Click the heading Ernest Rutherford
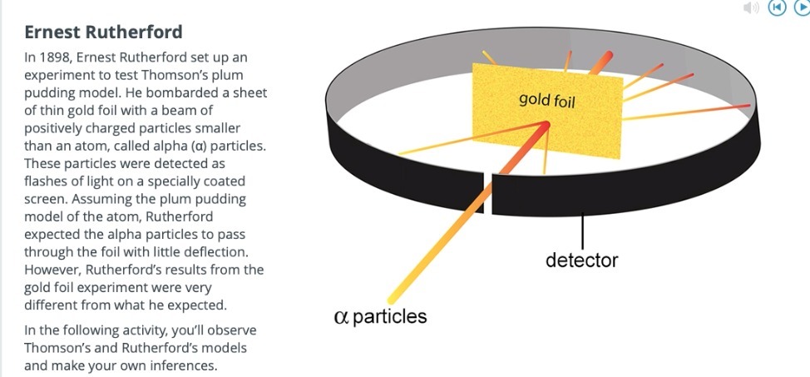pyautogui.click(x=103, y=32)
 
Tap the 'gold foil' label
pyautogui.click(x=546, y=101)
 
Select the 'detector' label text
pyautogui.click(x=581, y=260)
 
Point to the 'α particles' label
pyautogui.click(x=380, y=316)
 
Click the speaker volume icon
pyautogui.click(x=751, y=7)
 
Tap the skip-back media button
pyautogui.click(x=777, y=7)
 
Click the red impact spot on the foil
pyautogui.click(x=545, y=126)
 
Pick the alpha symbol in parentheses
pyautogui.click(x=196, y=146)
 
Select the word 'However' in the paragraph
pyautogui.click(x=52, y=269)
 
